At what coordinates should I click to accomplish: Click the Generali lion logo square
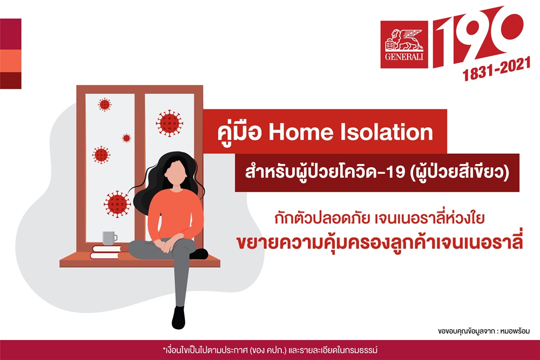(x=404, y=44)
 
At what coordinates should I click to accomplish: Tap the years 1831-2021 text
(x=496, y=69)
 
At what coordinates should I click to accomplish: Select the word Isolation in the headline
(x=387, y=132)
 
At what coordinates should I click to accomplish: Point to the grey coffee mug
(x=110, y=238)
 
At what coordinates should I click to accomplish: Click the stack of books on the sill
(x=106, y=252)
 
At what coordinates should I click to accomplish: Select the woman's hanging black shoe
(x=178, y=317)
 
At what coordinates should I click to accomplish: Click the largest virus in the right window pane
(x=169, y=123)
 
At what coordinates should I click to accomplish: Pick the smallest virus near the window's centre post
(x=126, y=138)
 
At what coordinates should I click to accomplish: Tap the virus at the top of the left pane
(x=104, y=104)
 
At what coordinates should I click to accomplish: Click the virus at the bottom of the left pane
(x=117, y=204)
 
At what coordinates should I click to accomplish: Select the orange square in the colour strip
(x=11, y=61)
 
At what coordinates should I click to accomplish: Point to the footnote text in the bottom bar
(x=270, y=350)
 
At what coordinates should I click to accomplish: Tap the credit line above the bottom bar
(x=484, y=331)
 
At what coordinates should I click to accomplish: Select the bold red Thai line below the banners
(x=380, y=242)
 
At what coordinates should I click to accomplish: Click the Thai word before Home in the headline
(x=240, y=133)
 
